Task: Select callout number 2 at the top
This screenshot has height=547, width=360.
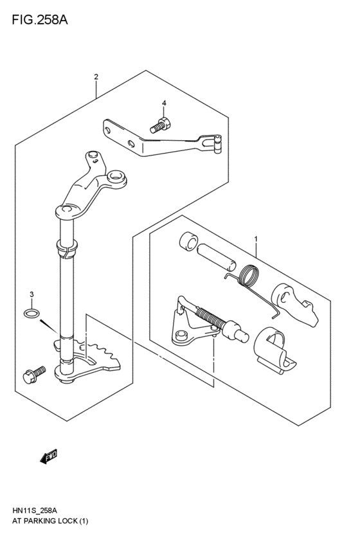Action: [96, 77]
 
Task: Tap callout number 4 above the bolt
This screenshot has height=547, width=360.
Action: [164, 103]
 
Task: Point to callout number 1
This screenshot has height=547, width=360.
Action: [256, 240]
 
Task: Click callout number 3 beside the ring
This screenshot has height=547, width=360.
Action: [31, 294]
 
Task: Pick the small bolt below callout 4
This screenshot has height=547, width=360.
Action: [160, 125]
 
